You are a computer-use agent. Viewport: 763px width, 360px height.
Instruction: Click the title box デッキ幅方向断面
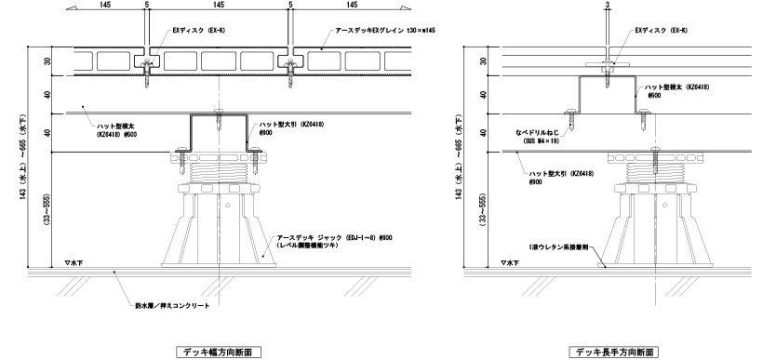point(217,352)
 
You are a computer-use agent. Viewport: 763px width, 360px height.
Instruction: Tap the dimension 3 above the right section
point(606,6)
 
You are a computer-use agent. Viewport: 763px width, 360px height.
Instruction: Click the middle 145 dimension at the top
point(219,6)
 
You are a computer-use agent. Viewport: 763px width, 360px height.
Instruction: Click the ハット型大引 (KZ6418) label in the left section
point(293,125)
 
